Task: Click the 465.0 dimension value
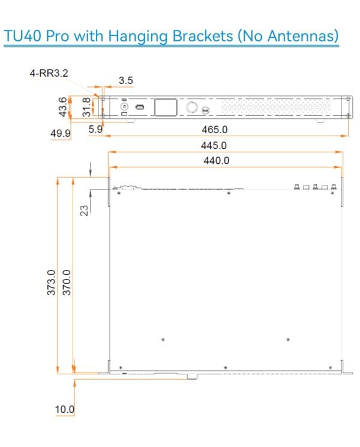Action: tap(216, 130)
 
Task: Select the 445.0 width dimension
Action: tap(216, 145)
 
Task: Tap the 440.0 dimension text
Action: tap(216, 161)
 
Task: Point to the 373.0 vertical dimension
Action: tap(52, 282)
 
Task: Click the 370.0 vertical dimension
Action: tap(67, 282)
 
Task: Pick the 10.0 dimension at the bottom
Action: tap(65, 409)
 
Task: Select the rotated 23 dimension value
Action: tap(84, 209)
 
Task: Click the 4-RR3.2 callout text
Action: tap(49, 73)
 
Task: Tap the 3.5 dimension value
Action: tap(126, 79)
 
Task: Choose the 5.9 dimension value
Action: tap(95, 130)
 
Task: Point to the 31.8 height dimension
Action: tap(86, 107)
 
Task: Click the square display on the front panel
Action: tap(164, 108)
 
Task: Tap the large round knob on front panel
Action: tap(192, 107)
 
